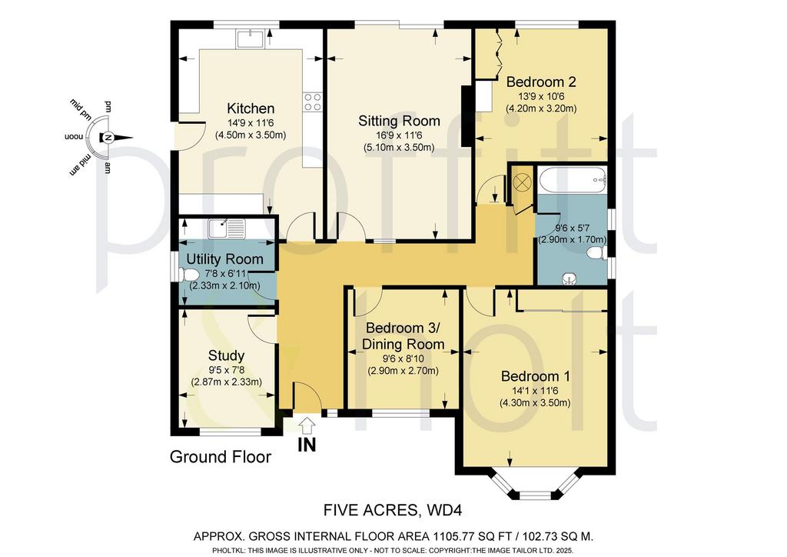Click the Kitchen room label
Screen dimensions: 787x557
[251, 108]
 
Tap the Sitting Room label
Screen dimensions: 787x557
[399, 121]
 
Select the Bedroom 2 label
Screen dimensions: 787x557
[541, 82]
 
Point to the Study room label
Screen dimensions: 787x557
[226, 355]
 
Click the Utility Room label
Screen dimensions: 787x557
[225, 259]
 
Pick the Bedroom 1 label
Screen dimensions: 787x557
[536, 376]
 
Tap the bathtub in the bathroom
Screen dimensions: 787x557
[572, 179]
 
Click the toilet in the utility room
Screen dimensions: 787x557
[188, 275]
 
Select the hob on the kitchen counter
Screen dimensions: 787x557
[312, 102]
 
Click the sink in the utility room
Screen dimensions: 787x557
[227, 228]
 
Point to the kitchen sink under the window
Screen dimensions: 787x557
[251, 38]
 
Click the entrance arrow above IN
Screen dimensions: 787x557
[306, 425]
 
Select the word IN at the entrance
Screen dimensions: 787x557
[307, 445]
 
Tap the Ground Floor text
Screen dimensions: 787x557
[221, 457]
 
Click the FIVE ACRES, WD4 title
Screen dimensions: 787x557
[393, 510]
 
